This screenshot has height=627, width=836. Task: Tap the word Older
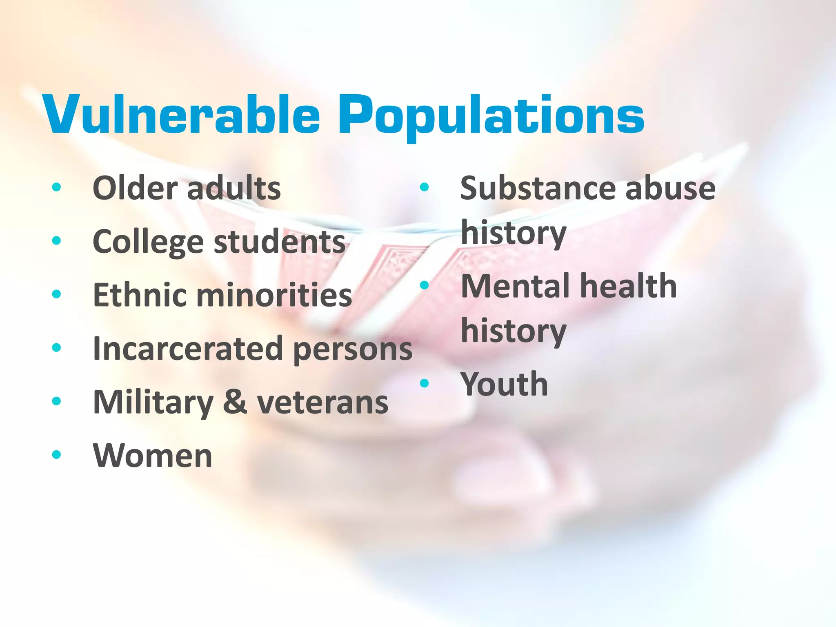tap(133, 188)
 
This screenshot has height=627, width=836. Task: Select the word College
tap(148, 242)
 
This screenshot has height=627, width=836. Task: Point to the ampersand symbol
tap(235, 402)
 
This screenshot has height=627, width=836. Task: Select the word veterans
tap(322, 402)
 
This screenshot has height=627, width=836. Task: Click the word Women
tap(153, 455)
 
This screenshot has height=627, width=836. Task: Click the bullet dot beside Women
tap(57, 454)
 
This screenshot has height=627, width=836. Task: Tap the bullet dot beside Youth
tap(425, 383)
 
